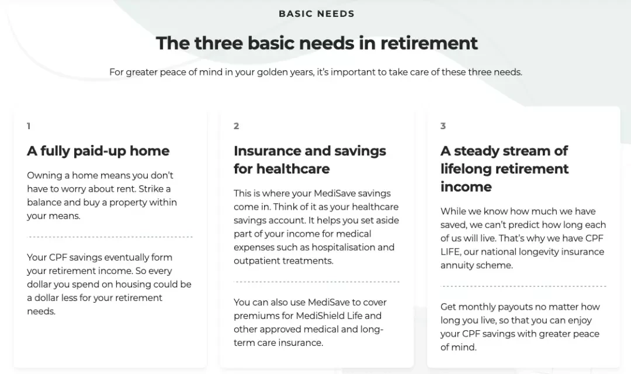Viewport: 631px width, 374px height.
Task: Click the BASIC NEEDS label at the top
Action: (x=316, y=13)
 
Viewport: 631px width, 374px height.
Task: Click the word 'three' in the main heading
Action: (x=218, y=43)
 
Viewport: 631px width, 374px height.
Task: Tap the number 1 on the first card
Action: (x=29, y=126)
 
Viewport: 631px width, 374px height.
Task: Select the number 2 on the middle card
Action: (x=236, y=126)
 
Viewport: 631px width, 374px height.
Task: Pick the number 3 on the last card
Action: (x=443, y=126)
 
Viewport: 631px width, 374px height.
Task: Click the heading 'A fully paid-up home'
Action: (x=98, y=151)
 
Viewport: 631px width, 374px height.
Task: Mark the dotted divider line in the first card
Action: (x=110, y=237)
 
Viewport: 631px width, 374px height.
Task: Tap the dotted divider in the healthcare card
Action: (x=317, y=282)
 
